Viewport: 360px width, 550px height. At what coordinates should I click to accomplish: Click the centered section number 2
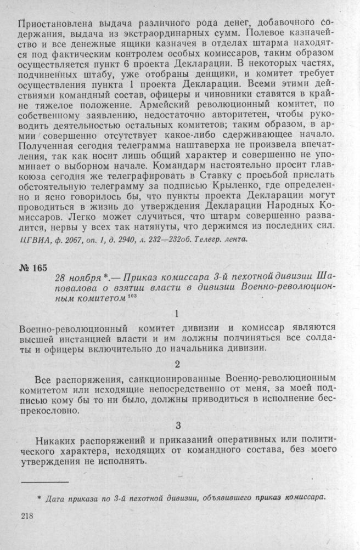click(176, 363)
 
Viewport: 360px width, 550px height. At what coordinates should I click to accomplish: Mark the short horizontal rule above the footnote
click(44, 482)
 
